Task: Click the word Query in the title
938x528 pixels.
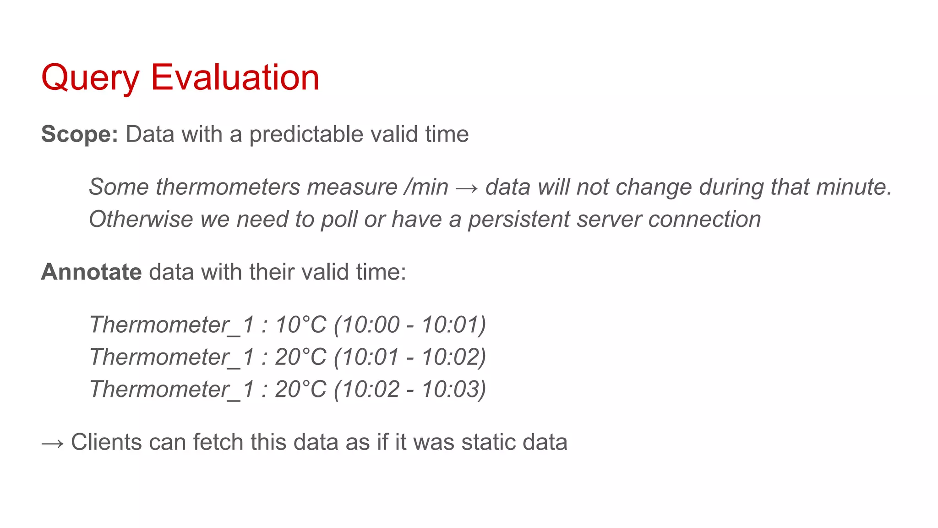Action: (x=90, y=78)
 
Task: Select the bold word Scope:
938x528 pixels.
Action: (x=80, y=134)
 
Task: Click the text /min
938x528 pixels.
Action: (x=426, y=187)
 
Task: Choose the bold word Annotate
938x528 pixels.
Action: (x=91, y=272)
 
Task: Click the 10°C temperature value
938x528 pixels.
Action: (x=300, y=325)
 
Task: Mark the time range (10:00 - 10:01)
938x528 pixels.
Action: (x=410, y=325)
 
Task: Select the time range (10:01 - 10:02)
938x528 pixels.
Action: (x=410, y=357)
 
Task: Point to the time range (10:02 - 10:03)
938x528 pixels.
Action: (x=410, y=389)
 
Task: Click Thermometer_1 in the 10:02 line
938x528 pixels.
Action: (x=172, y=390)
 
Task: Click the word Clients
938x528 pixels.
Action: (x=106, y=442)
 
